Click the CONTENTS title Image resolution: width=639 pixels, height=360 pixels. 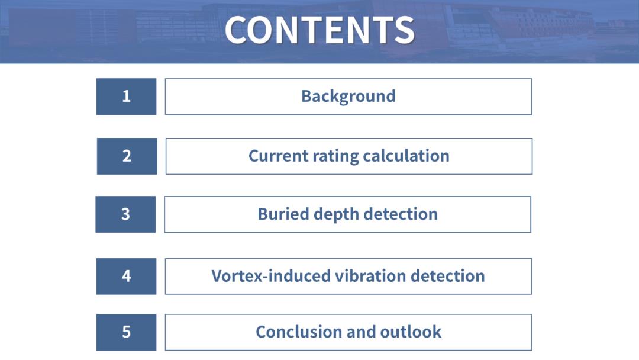click(x=319, y=30)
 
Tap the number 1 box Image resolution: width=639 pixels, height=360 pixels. click(x=127, y=97)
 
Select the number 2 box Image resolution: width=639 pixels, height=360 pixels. click(x=127, y=156)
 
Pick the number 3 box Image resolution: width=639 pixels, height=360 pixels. click(x=125, y=214)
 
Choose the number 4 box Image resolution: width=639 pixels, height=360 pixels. click(x=127, y=277)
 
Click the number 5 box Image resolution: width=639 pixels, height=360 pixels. click(x=127, y=332)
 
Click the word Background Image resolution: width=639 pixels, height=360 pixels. click(x=348, y=97)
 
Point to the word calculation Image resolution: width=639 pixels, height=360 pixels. click(x=406, y=156)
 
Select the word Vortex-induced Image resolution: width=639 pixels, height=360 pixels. click(x=271, y=276)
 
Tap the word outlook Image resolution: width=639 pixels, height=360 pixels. click(x=411, y=332)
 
